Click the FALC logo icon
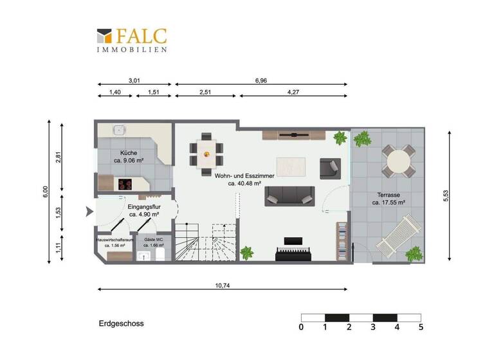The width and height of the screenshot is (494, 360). [x=104, y=36]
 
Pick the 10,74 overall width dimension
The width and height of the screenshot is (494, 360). [x=223, y=285]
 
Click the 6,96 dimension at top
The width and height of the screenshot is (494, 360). [x=261, y=80]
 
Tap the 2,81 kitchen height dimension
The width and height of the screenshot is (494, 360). [x=59, y=158]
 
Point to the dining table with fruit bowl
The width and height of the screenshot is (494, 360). [x=206, y=154]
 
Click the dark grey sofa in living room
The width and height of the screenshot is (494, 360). [x=289, y=195]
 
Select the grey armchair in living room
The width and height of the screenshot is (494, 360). [x=330, y=168]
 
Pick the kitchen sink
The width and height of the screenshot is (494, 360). [x=118, y=130]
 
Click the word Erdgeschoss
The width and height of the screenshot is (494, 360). [x=121, y=323]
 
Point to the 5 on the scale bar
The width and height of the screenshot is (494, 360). [x=421, y=328]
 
